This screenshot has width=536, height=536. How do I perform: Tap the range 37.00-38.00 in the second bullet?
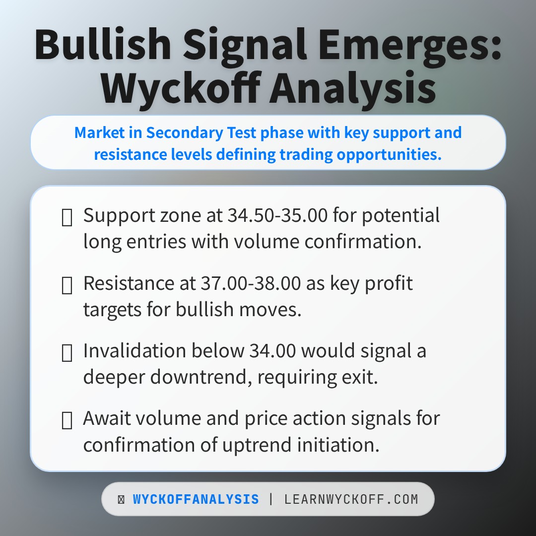[251, 283]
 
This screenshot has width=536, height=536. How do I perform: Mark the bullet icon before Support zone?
[67, 217]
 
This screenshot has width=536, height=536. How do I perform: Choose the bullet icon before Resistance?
[67, 285]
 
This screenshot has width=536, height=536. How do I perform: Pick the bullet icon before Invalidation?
[67, 353]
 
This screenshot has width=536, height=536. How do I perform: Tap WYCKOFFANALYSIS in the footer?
[196, 499]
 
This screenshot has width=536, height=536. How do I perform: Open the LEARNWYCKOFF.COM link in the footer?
[351, 499]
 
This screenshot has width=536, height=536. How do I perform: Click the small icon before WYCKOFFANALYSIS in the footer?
[121, 499]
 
